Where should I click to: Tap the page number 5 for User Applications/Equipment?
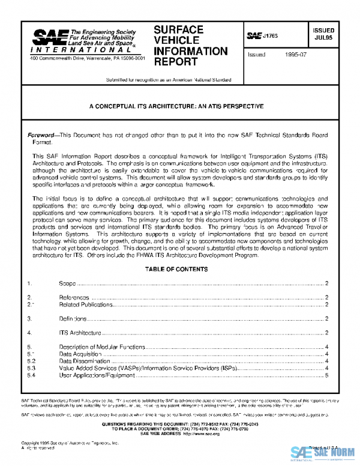click(x=326, y=376)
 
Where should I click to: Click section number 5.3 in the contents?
click(x=32, y=369)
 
